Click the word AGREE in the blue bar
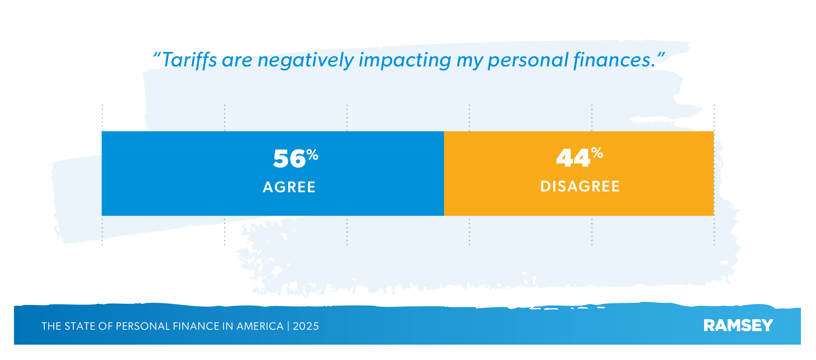click(289, 187)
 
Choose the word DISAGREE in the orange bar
click(580, 186)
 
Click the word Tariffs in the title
click(189, 61)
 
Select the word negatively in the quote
click(305, 61)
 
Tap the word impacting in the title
click(405, 61)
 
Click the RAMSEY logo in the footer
click(738, 325)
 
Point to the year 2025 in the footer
click(306, 326)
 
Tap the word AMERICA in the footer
click(260, 326)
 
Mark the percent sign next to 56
click(312, 155)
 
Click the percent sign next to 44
click(597, 153)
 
